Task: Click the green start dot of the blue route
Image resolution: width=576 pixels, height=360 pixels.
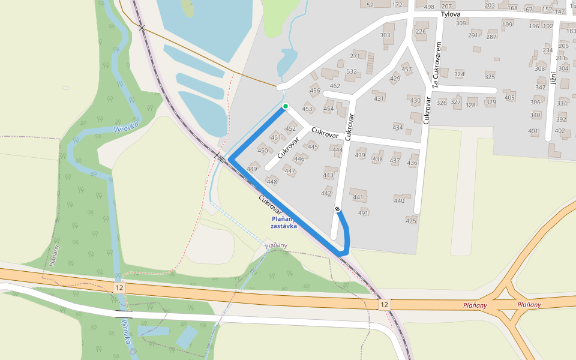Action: [x=286, y=106]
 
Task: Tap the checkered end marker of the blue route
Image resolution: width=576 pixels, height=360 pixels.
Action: [x=337, y=209]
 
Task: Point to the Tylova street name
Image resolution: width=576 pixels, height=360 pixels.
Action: [x=450, y=14]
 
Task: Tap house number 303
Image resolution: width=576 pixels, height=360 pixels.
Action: [x=385, y=35]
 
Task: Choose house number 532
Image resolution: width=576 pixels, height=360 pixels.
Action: [x=352, y=72]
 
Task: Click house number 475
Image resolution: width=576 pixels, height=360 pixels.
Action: [x=411, y=221]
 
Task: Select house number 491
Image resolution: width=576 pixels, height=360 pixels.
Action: [x=363, y=213]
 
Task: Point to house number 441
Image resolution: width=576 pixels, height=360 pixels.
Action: [x=358, y=197]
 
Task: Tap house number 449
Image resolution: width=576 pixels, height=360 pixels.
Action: [x=252, y=169]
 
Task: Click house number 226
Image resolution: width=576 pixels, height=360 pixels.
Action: [x=421, y=32]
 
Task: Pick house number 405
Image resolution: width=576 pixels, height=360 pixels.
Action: [x=509, y=98]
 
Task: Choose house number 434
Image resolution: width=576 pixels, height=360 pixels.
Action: [x=398, y=127]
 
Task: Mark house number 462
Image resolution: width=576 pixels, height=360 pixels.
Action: [x=335, y=86]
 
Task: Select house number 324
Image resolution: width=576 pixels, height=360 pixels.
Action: [x=460, y=74]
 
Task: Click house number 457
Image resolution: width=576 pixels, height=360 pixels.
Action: [x=407, y=70]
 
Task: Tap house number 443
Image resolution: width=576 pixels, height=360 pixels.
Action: [x=328, y=175]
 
